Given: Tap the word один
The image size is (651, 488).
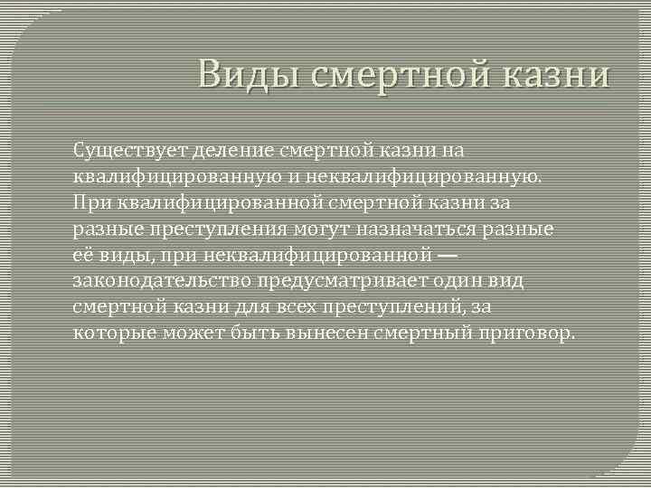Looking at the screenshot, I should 463,281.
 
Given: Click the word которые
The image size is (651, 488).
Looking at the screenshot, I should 114,333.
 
